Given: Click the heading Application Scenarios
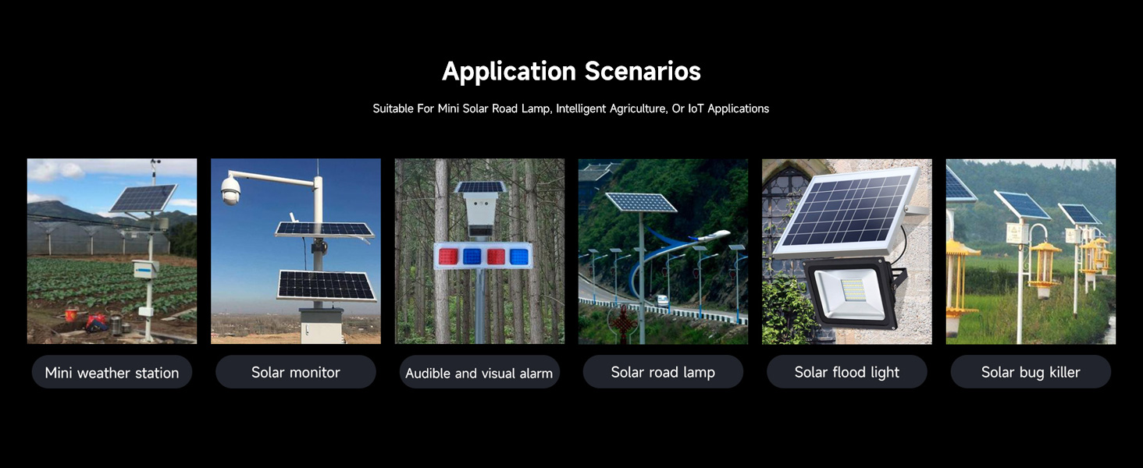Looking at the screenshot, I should [571, 71].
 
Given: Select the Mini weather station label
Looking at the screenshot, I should [112, 373].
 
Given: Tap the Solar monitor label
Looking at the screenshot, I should [295, 372].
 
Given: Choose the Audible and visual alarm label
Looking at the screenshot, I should [479, 373].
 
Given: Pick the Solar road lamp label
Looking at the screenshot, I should [663, 372].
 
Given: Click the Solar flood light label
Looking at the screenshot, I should [846, 372].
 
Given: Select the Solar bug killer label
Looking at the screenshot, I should [1030, 372].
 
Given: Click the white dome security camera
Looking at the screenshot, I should [230, 190].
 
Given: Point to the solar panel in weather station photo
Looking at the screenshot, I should [142, 198].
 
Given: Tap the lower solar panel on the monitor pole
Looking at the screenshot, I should [326, 285].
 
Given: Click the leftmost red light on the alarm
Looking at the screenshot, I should [447, 256].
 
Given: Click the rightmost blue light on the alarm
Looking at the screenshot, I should [518, 256].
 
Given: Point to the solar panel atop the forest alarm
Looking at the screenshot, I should [479, 187].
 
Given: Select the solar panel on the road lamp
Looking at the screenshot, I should [640, 202].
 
